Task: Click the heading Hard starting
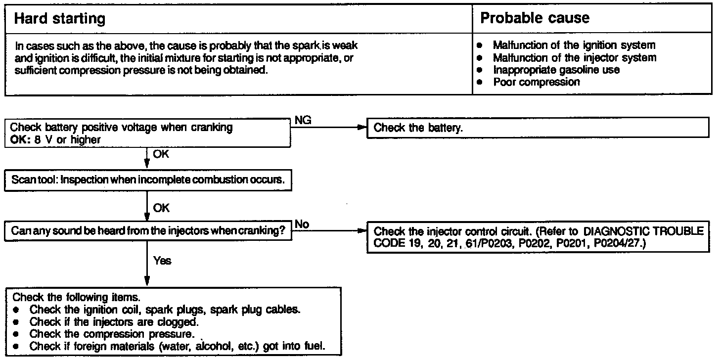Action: tap(60, 19)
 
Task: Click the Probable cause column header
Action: tap(535, 19)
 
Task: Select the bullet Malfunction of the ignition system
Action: tap(574, 45)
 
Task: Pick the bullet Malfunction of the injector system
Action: tap(575, 58)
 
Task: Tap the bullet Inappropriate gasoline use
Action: tap(556, 70)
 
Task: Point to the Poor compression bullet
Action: tap(536, 82)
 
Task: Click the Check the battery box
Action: tap(537, 128)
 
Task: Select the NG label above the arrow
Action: tap(303, 121)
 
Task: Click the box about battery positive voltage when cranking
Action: tap(147, 133)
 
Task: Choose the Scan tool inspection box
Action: tap(148, 180)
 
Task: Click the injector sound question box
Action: tap(148, 230)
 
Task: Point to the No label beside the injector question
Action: tap(302, 225)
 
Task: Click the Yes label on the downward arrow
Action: tap(162, 261)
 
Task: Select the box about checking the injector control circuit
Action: tap(537, 238)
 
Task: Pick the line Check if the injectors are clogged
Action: tap(114, 322)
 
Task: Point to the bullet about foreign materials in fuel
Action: tap(177, 346)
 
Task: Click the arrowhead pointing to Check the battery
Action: tap(361, 128)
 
